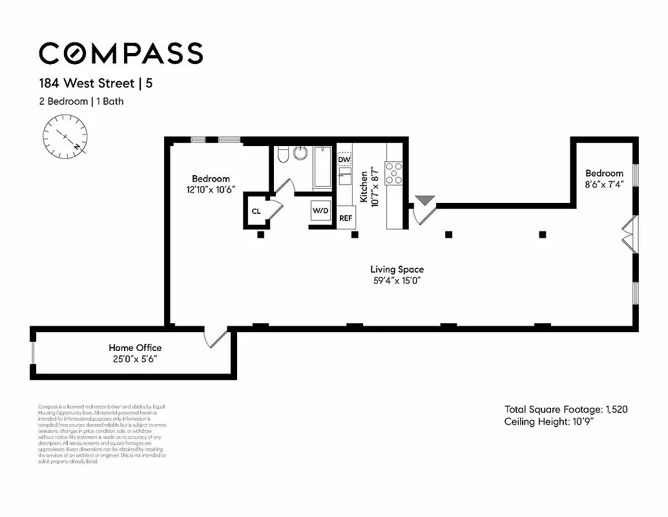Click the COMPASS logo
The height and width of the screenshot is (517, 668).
(x=121, y=53)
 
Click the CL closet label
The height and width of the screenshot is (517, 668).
(x=256, y=211)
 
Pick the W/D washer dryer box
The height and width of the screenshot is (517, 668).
(x=321, y=211)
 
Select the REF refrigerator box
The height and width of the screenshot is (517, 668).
(x=346, y=218)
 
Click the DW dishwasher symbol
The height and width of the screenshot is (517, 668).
(x=344, y=159)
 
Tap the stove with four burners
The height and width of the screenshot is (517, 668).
(x=394, y=173)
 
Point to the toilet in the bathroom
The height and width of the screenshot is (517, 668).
(x=282, y=155)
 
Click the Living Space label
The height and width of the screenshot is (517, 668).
(x=397, y=269)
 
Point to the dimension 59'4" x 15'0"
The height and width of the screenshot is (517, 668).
(x=397, y=281)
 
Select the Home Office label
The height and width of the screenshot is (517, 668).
(x=135, y=348)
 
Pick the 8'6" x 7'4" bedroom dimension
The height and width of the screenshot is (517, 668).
(x=604, y=184)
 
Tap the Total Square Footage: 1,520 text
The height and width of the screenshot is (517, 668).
(x=566, y=409)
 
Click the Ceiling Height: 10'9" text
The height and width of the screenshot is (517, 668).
(x=548, y=422)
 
